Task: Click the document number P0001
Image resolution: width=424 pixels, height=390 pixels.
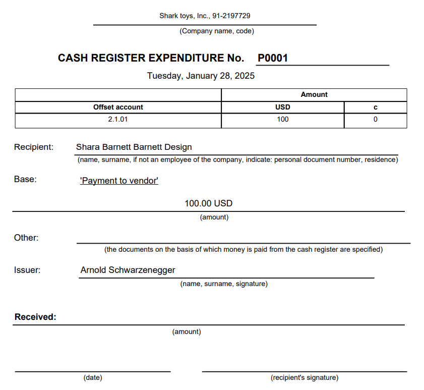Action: pos(272,58)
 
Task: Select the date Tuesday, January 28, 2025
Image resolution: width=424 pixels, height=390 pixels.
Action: pos(201,76)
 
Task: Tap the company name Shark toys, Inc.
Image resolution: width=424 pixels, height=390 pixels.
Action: pos(184,16)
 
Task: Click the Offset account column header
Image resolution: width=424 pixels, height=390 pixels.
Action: pos(118,107)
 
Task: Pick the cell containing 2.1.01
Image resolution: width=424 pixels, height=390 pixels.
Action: pos(118,120)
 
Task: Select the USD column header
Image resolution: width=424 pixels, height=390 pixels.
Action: pos(282,107)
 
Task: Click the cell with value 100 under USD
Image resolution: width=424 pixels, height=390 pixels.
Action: pos(282,120)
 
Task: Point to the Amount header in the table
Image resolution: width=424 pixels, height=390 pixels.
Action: pos(314,94)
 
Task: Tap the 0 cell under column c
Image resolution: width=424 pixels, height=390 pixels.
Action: pos(375,120)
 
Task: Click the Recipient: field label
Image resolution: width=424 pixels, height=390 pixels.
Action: pos(34,147)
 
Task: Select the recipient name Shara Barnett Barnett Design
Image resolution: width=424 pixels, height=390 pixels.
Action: pos(134,147)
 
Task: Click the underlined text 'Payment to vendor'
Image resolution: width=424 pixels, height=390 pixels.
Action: pos(119,181)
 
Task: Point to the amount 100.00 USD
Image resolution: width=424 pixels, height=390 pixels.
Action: pos(208,203)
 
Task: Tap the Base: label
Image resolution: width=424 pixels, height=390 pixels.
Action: pos(25,179)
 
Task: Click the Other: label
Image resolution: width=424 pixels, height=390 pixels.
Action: pos(26,238)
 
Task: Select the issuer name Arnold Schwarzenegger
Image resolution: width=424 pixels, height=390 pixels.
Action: pos(128,270)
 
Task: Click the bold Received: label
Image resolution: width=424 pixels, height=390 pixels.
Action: pos(35,317)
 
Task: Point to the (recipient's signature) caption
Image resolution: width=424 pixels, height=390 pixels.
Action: pos(304,377)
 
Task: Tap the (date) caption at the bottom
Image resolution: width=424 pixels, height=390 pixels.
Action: pos(93,377)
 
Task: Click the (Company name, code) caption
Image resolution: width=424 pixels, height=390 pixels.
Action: pos(217,31)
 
